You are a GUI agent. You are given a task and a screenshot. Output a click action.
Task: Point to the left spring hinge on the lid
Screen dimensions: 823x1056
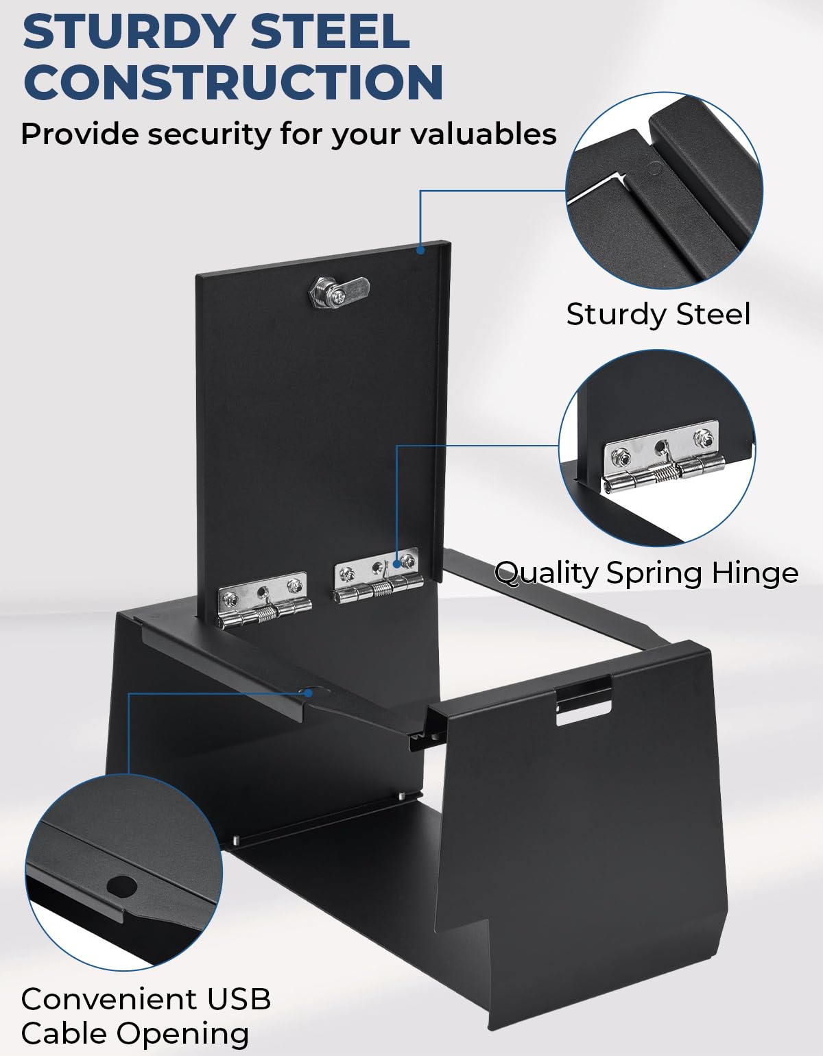(x=264, y=600)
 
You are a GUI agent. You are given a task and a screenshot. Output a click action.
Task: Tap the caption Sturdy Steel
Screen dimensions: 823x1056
(x=658, y=314)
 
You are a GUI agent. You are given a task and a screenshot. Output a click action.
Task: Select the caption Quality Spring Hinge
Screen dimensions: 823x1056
(x=647, y=573)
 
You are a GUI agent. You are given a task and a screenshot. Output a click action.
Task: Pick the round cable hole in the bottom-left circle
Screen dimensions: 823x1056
(x=121, y=887)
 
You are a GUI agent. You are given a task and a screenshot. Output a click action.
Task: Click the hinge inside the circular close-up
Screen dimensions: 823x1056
(x=663, y=457)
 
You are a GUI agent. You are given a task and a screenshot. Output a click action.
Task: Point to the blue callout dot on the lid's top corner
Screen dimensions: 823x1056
(x=420, y=250)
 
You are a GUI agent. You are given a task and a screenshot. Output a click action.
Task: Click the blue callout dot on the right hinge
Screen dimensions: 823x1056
(x=397, y=564)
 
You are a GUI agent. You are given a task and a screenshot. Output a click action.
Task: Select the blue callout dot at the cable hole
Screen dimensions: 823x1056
(x=308, y=693)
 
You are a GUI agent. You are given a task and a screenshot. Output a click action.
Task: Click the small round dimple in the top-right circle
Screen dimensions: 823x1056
(x=656, y=169)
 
